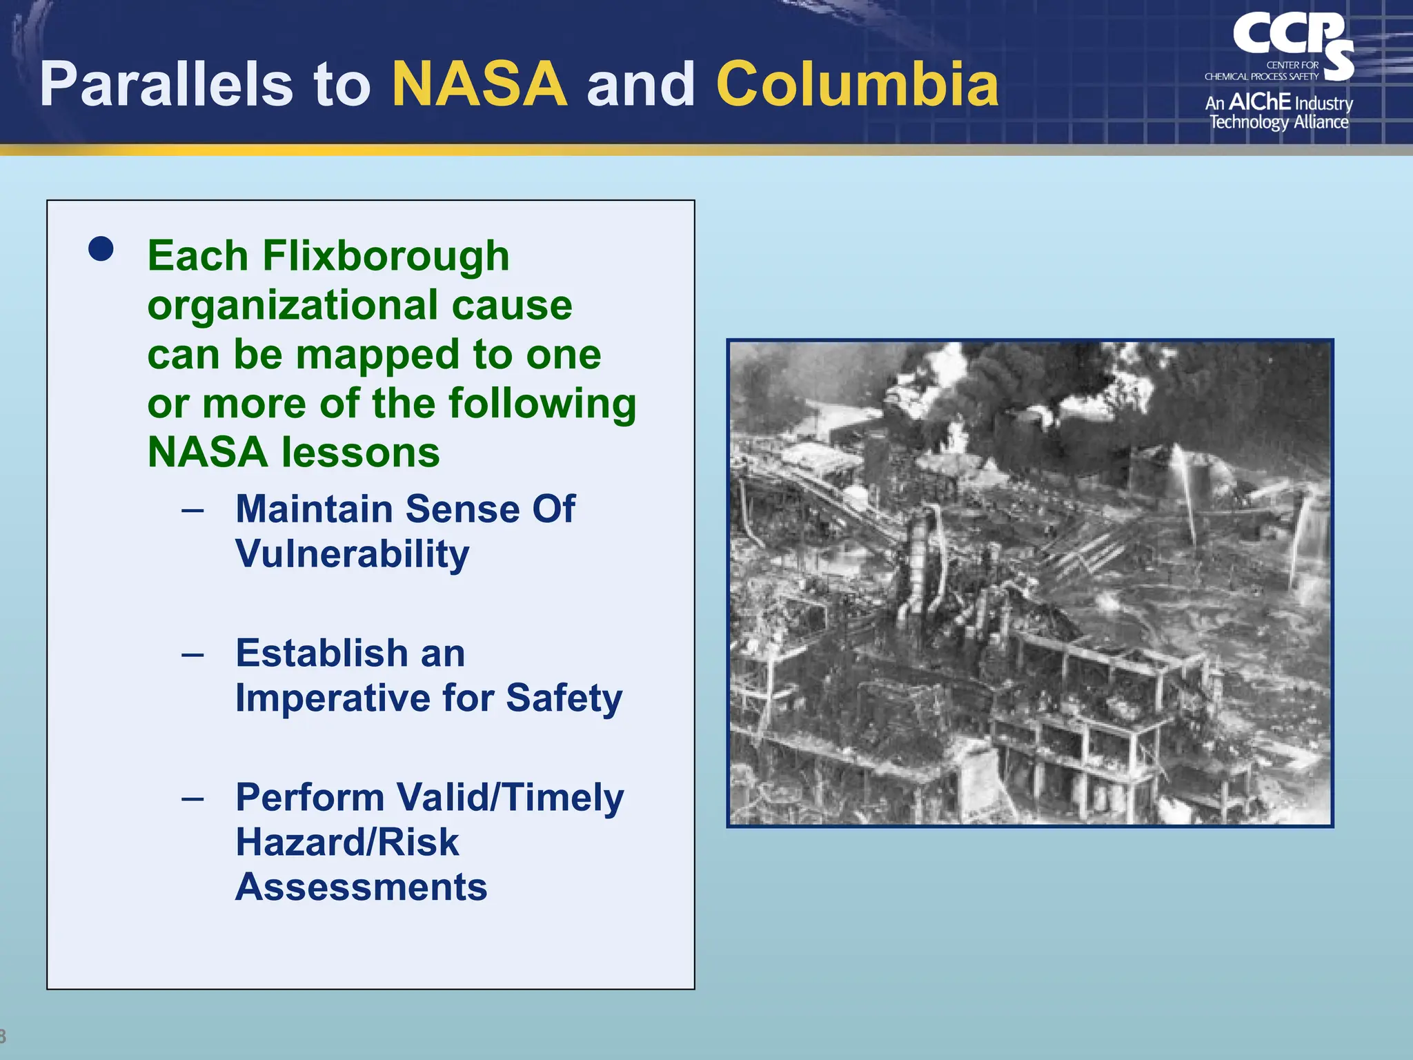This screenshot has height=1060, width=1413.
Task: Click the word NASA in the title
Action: (480, 84)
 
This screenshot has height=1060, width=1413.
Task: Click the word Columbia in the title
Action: (857, 84)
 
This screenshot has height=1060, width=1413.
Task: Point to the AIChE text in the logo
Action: (1259, 102)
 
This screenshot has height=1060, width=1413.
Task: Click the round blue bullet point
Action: (101, 249)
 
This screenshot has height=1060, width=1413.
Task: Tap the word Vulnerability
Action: (352, 554)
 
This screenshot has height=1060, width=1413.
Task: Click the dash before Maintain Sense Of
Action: (192, 511)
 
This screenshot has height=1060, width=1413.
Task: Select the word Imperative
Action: (333, 698)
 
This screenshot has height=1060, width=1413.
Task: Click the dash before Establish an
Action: (192, 654)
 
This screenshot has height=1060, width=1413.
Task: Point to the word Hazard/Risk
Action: (347, 843)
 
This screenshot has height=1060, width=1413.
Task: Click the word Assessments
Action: (361, 887)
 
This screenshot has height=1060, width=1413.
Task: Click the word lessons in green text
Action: (361, 453)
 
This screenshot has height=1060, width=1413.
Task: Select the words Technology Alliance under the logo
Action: (1278, 122)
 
